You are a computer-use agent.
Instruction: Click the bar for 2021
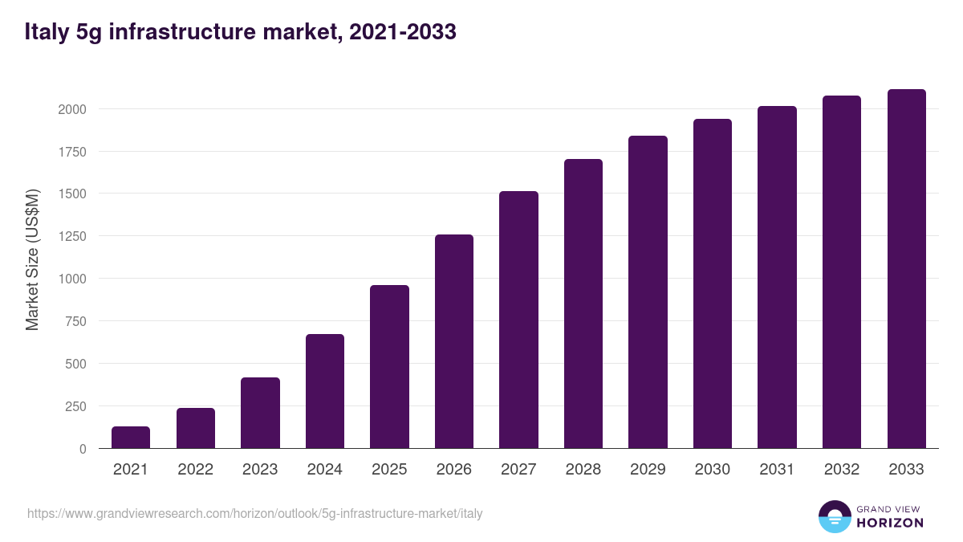pyautogui.click(x=131, y=438)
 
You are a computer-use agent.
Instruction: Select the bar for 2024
pyautogui.click(x=325, y=391)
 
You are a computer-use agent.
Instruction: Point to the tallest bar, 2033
pyautogui.click(x=906, y=269)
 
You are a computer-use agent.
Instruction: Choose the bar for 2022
pyautogui.click(x=196, y=428)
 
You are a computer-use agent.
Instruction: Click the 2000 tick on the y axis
pyautogui.click(x=72, y=109)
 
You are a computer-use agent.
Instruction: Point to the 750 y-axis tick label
pyautogui.click(x=76, y=321)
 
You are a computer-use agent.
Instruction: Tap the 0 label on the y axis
pyautogui.click(x=83, y=449)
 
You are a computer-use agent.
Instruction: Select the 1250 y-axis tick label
pyautogui.click(x=72, y=236)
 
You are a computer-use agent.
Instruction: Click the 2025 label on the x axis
pyautogui.click(x=389, y=470)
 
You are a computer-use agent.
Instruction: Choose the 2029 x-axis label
pyautogui.click(x=648, y=470)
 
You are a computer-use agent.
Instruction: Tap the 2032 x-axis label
pyautogui.click(x=842, y=470)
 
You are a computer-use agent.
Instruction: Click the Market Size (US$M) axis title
pyautogui.click(x=32, y=259)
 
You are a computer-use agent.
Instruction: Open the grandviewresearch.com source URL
pyautogui.click(x=255, y=513)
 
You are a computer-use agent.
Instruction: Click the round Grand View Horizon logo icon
pyautogui.click(x=834, y=516)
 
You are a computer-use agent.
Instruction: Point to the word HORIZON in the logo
pyautogui.click(x=890, y=523)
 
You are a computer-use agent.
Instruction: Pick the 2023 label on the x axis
pyautogui.click(x=260, y=470)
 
